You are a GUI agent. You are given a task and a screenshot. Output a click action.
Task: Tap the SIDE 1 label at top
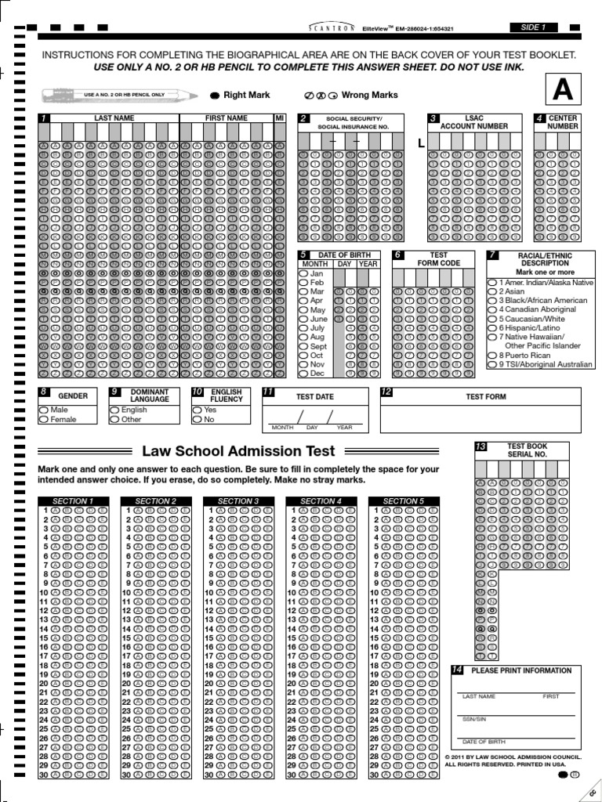pos(533,27)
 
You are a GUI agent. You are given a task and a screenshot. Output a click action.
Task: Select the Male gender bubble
pos(44,410)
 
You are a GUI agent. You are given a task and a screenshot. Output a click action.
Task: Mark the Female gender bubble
pos(44,420)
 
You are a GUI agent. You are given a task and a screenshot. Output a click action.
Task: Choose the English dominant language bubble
pos(114,410)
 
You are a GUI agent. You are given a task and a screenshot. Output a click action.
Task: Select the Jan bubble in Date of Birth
pos(303,274)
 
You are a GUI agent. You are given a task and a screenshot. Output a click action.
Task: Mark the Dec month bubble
pos(303,374)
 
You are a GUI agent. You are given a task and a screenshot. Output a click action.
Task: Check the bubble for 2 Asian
pos(491,291)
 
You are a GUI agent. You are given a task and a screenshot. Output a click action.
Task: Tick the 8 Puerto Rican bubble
pos(491,355)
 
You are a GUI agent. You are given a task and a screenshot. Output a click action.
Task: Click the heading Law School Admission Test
pos(238,451)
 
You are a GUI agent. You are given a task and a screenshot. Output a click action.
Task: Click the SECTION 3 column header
pos(238,501)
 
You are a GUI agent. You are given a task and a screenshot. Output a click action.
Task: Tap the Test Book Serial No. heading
pos(526,450)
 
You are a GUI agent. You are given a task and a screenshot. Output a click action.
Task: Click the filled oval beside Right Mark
pos(215,96)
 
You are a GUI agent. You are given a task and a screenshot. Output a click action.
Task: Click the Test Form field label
pos(486,396)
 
